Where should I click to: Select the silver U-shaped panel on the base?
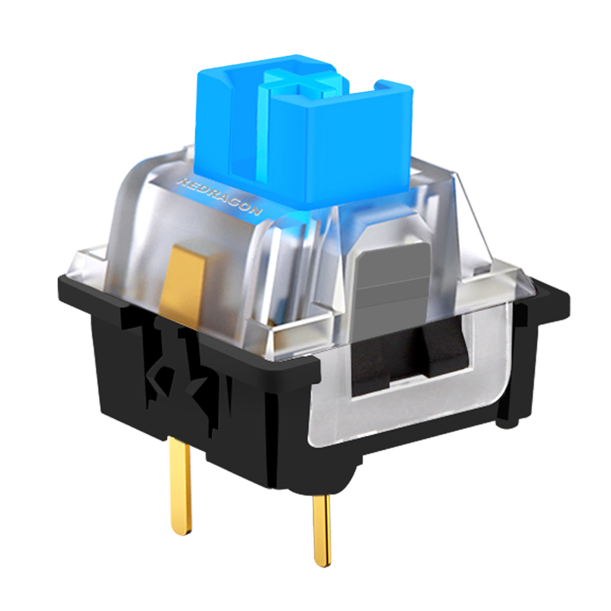342,422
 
